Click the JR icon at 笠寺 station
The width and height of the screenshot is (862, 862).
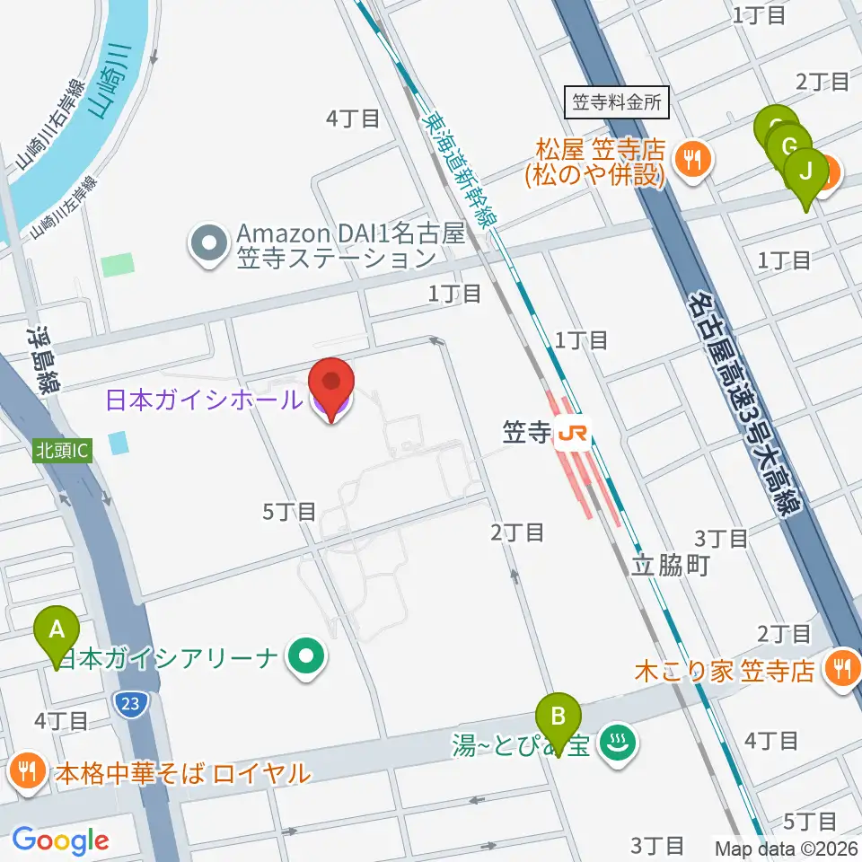click(x=572, y=435)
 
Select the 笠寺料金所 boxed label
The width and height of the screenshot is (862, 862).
click(x=618, y=101)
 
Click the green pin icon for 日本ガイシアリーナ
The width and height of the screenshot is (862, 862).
click(x=307, y=658)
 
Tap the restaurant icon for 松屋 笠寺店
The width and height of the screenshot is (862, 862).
click(x=692, y=160)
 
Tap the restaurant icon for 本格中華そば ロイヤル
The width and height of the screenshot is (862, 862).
click(x=28, y=770)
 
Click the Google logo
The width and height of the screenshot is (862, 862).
click(x=60, y=840)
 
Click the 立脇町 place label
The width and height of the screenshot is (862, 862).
click(x=671, y=566)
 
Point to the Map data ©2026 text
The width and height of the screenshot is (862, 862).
click(x=787, y=847)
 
